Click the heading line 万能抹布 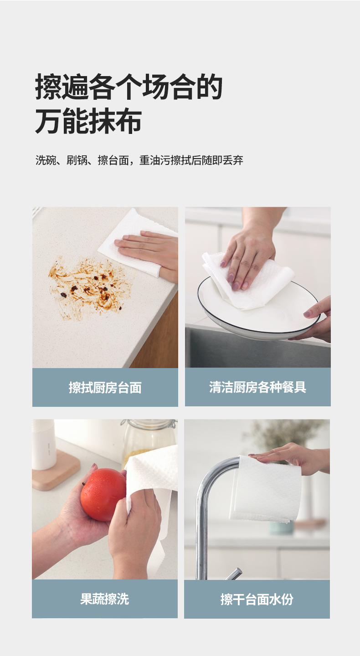point(89,121)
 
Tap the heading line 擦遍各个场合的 point(129,87)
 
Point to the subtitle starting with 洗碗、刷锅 point(139,160)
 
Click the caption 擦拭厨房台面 point(105,387)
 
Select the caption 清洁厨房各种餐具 point(258,387)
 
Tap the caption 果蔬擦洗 point(104,599)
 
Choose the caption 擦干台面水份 point(257,599)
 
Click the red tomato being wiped point(103,494)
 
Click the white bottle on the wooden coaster point(44,444)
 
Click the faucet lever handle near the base point(234,574)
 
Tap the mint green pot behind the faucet point(281,528)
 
